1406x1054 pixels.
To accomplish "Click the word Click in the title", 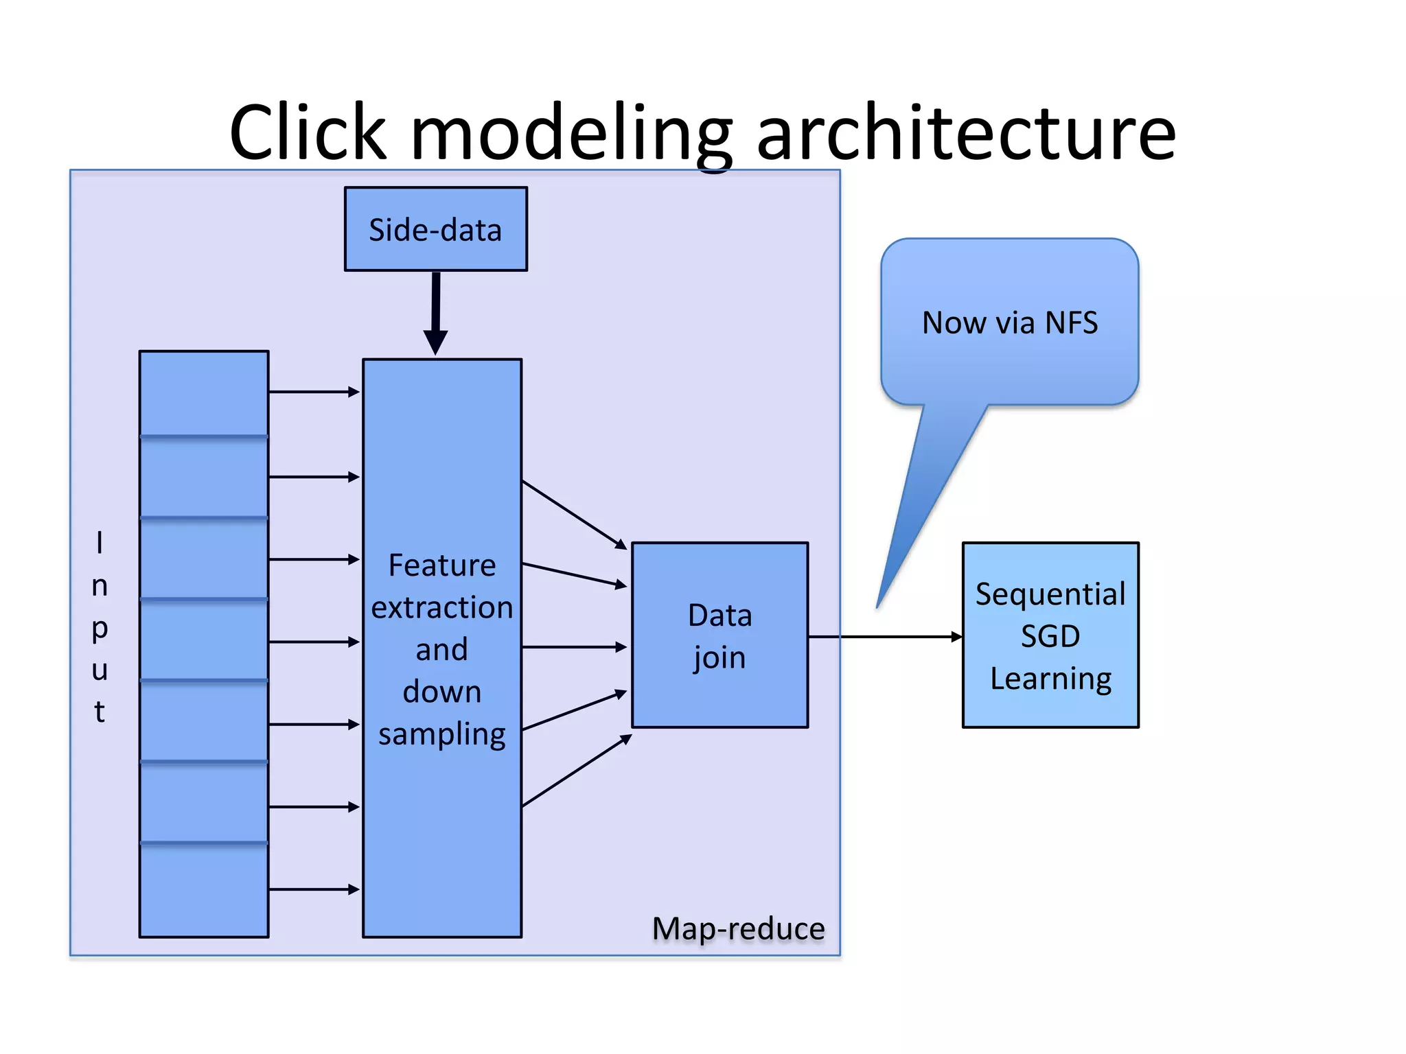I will [x=308, y=132].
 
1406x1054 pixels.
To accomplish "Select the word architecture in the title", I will [x=966, y=132].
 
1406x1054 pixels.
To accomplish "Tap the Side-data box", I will [x=435, y=229].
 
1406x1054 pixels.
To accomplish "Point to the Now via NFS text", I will [x=1009, y=323].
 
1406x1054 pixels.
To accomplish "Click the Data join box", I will [x=719, y=635].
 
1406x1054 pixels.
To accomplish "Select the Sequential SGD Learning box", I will [x=1050, y=635].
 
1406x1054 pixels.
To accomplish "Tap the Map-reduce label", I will [x=738, y=928].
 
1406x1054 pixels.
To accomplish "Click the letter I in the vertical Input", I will [x=100, y=543].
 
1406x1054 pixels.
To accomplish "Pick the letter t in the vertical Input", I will [x=100, y=712].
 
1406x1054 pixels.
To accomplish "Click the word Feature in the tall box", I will [x=441, y=565].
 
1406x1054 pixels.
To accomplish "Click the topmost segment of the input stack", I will [x=204, y=393].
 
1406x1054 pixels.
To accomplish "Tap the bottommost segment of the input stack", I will [x=204, y=890].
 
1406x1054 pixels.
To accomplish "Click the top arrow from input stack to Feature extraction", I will [x=314, y=392].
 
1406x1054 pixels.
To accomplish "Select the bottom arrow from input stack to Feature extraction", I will [x=314, y=889].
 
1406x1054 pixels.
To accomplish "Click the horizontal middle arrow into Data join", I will [x=574, y=647].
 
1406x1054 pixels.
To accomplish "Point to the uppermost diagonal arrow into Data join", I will [x=574, y=515].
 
